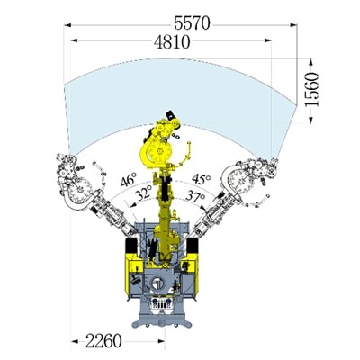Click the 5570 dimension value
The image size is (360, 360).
coord(192,23)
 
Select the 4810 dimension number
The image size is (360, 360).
coord(172,42)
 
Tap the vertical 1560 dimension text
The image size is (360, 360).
coord(311,89)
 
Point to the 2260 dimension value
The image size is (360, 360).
coord(103,341)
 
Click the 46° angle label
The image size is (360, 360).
coord(129,180)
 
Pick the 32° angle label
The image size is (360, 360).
coord(143,193)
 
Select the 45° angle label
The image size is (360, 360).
coord(201,179)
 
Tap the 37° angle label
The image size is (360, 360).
coord(195,196)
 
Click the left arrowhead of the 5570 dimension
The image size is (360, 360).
coord(67,25)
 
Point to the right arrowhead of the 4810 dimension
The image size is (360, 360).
coord(268,40)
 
